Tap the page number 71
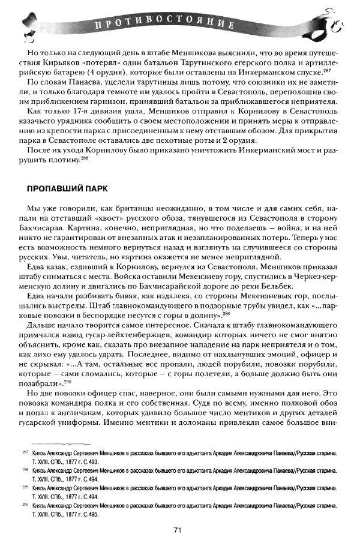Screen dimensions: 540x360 (x=178, y=529)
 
